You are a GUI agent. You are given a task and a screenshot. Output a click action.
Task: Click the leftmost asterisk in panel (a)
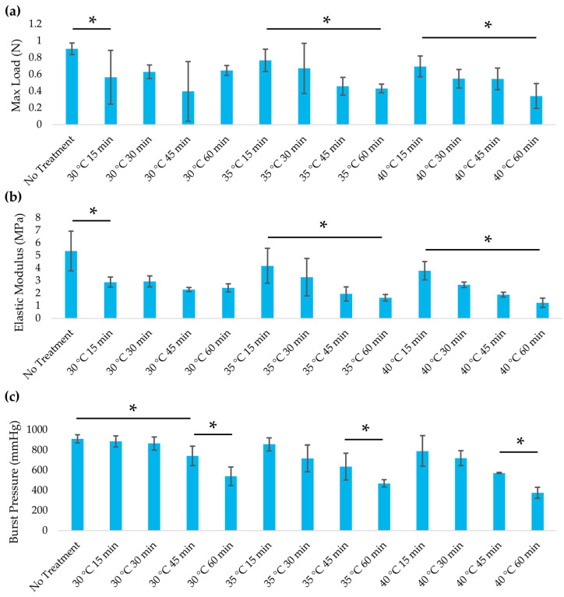93,20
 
